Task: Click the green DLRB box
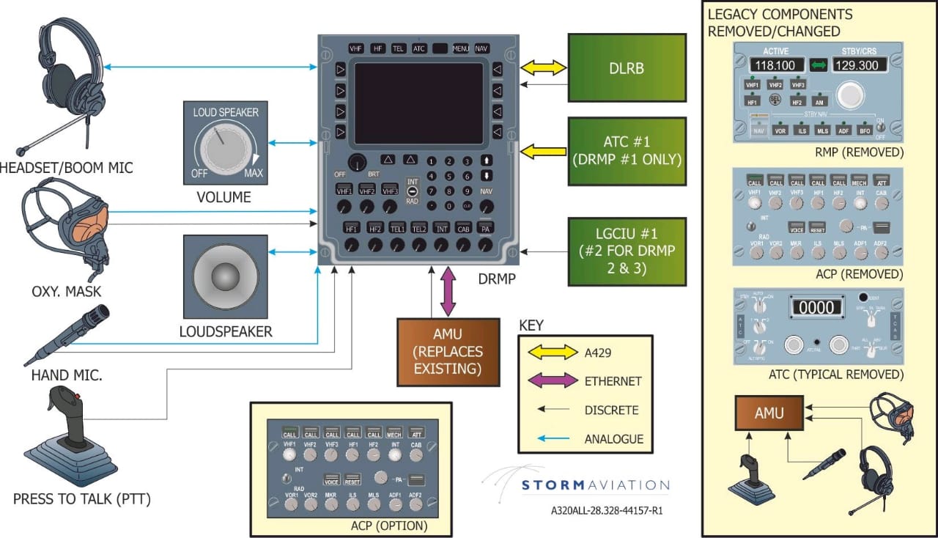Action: click(x=627, y=67)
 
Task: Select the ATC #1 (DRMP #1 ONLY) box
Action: click(x=627, y=152)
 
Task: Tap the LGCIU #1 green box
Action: click(x=627, y=251)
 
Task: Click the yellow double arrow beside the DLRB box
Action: click(x=543, y=68)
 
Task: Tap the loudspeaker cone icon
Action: click(x=226, y=277)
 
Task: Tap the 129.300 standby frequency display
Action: click(x=858, y=65)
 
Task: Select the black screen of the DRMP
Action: click(x=418, y=104)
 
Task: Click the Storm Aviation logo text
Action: click(x=596, y=485)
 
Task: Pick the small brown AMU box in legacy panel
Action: click(x=769, y=413)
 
